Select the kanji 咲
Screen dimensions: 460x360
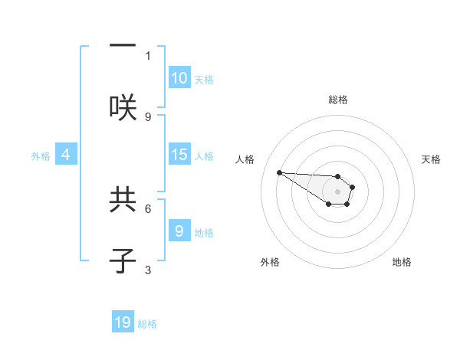tap(123, 106)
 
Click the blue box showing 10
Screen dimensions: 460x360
tap(179, 78)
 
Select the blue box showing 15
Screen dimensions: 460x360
tap(179, 155)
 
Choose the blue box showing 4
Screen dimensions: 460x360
tap(66, 155)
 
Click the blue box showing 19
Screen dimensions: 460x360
tap(123, 322)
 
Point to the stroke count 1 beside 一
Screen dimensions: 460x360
tap(148, 55)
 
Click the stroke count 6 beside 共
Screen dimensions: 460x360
tap(148, 208)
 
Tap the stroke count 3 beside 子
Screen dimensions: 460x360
tap(148, 270)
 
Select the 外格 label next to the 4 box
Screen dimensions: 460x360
tap(41, 155)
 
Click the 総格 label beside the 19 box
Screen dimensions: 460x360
tap(147, 324)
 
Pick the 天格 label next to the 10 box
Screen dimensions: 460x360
tap(204, 79)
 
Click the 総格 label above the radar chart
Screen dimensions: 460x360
tap(338, 100)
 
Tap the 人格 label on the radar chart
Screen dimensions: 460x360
tap(245, 159)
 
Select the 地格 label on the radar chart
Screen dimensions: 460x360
tap(402, 262)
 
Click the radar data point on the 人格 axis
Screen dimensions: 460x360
tap(279, 172)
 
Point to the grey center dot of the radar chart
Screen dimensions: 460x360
tap(337, 191)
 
